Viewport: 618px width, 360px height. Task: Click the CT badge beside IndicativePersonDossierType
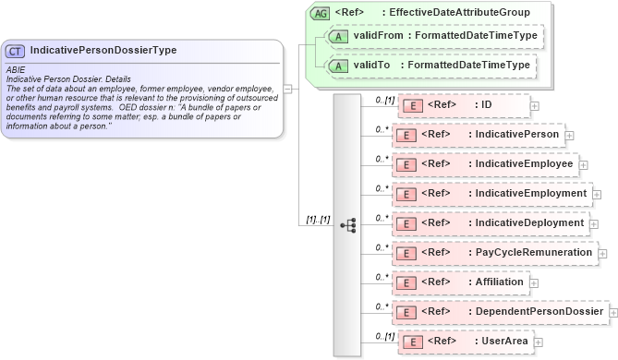pyautogui.click(x=16, y=51)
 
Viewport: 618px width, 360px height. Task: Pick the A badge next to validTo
pyautogui.click(x=338, y=66)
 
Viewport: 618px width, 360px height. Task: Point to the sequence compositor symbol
pyautogui.click(x=348, y=224)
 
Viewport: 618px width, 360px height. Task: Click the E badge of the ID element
pyautogui.click(x=415, y=105)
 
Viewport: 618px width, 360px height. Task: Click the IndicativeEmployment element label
pyautogui.click(x=531, y=194)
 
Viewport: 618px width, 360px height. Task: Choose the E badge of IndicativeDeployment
pyautogui.click(x=407, y=223)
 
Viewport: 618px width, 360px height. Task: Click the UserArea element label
pyautogui.click(x=505, y=342)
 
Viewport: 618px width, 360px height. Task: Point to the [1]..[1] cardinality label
pyautogui.click(x=318, y=220)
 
